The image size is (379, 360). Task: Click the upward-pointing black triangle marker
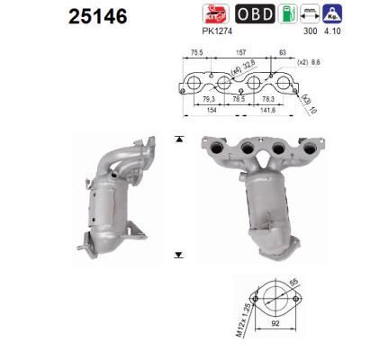tap(179, 139)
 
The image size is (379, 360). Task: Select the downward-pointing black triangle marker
tap(179, 255)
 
